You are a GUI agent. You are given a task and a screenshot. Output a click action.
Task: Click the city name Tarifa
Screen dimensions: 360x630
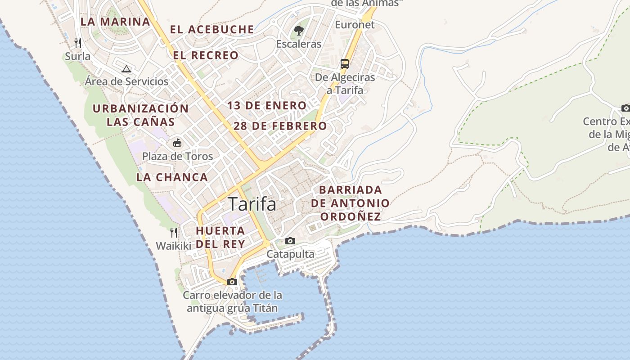pos(252,204)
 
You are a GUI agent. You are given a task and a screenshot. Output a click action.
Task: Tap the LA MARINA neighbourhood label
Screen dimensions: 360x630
pos(115,22)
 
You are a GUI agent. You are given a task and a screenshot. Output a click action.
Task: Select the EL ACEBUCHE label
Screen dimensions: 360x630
pos(212,30)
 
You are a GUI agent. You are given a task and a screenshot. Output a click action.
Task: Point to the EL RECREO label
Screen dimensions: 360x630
pos(206,55)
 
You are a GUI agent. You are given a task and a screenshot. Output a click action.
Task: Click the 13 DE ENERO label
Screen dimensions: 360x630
pos(267,106)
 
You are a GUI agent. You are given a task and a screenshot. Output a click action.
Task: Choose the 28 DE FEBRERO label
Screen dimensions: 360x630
pos(280,126)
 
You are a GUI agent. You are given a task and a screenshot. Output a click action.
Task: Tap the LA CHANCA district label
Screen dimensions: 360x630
pos(172,177)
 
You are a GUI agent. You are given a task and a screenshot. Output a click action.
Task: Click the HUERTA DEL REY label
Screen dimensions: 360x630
pos(220,237)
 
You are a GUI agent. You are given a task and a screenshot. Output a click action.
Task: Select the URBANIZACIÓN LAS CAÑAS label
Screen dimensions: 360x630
pos(140,115)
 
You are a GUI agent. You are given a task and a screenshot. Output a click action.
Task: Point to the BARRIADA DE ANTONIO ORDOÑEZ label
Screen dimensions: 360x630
pos(350,203)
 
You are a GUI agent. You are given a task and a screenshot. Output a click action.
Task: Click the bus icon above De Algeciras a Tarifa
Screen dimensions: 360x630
pos(345,63)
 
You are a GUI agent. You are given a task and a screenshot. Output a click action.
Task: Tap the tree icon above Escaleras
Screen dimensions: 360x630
pos(298,31)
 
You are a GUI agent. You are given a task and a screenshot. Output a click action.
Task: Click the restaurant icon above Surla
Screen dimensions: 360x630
pos(78,43)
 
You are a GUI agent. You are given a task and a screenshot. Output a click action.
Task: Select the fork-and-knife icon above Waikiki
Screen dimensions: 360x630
pos(174,233)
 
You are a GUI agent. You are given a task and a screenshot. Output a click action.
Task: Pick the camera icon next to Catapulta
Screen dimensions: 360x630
pos(290,241)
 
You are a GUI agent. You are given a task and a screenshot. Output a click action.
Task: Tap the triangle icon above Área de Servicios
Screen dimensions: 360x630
pos(126,69)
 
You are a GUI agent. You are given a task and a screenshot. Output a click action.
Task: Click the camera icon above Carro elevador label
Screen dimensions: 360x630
pos(232,282)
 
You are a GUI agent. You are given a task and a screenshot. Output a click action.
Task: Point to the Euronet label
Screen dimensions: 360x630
pos(355,25)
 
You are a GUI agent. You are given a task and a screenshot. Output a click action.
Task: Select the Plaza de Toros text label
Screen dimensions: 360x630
pos(178,157)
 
